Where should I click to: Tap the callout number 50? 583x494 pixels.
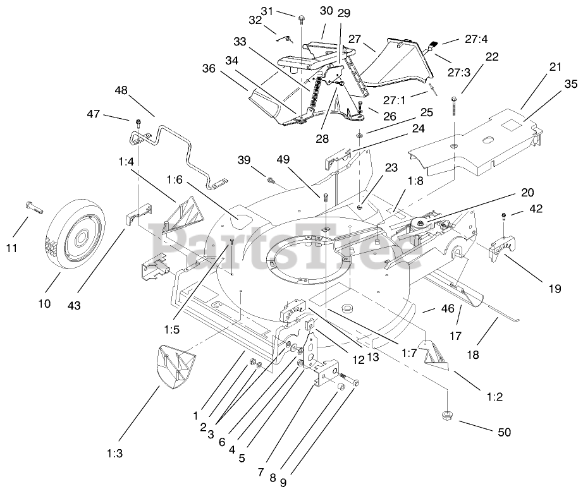(504, 432)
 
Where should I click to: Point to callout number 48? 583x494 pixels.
(121, 90)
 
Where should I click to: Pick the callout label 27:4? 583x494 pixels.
(476, 39)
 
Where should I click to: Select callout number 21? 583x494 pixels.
(555, 68)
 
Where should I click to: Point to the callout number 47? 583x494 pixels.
(93, 114)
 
